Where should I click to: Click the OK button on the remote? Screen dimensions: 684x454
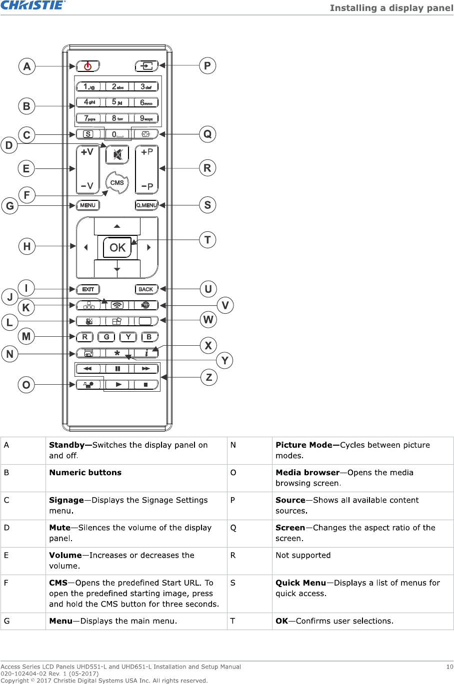pyautogui.click(x=117, y=248)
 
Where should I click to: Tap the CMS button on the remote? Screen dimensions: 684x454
pyautogui.click(x=117, y=183)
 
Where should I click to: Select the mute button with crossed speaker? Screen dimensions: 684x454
pyautogui.click(x=117, y=154)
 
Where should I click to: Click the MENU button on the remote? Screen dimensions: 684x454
pyautogui.click(x=88, y=205)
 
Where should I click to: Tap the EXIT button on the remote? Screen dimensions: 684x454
pyautogui.click(x=88, y=289)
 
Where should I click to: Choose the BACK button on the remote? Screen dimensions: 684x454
pyautogui.click(x=146, y=289)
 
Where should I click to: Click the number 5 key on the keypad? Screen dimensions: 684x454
pyautogui.click(x=117, y=102)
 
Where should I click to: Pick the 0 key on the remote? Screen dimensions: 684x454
pyautogui.click(x=117, y=134)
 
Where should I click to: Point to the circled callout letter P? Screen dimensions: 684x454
pyautogui.click(x=207, y=65)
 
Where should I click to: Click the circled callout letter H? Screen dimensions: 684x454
pyautogui.click(x=27, y=246)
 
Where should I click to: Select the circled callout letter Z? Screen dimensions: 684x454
pyautogui.click(x=209, y=377)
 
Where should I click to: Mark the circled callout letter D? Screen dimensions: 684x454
pyautogui.click(x=9, y=145)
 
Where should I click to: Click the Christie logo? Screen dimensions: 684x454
pyautogui.click(x=33, y=5)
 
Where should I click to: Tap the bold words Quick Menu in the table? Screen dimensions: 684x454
pyautogui.click(x=300, y=583)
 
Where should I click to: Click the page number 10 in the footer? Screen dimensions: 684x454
pyautogui.click(x=449, y=667)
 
